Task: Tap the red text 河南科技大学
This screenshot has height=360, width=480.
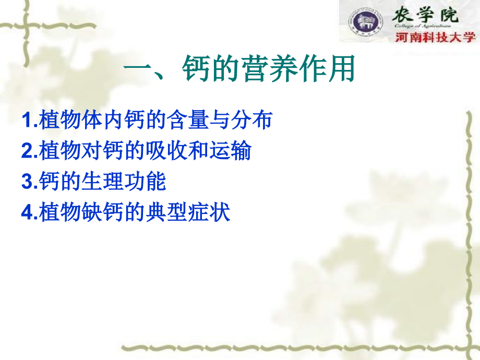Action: (435, 37)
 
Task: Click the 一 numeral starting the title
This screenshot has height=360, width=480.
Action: (136, 69)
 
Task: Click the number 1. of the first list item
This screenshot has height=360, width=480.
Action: (29, 121)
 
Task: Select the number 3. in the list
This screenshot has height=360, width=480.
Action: (29, 182)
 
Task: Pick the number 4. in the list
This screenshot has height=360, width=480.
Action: (29, 213)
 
